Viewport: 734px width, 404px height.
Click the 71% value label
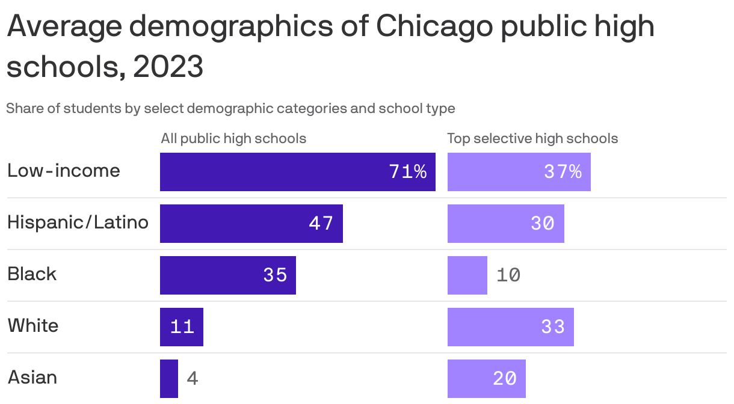click(408, 172)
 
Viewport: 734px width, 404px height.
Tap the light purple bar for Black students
click(467, 275)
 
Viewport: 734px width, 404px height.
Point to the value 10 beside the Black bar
click(508, 275)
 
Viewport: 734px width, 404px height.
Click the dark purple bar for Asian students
click(169, 379)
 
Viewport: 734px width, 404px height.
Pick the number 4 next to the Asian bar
click(193, 379)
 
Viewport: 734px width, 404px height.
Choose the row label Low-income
click(64, 171)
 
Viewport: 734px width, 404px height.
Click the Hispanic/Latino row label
click(78, 222)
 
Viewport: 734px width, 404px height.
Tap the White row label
click(33, 326)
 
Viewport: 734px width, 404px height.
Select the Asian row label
click(32, 378)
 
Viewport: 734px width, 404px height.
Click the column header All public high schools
click(233, 138)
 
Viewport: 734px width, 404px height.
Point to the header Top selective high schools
click(532, 138)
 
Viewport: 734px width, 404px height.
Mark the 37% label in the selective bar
click(563, 172)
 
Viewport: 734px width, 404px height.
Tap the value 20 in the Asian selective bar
click(504, 379)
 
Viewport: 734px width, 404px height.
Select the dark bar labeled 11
click(181, 327)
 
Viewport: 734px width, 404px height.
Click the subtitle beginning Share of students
click(230, 109)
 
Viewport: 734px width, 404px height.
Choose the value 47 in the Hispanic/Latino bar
click(321, 224)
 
